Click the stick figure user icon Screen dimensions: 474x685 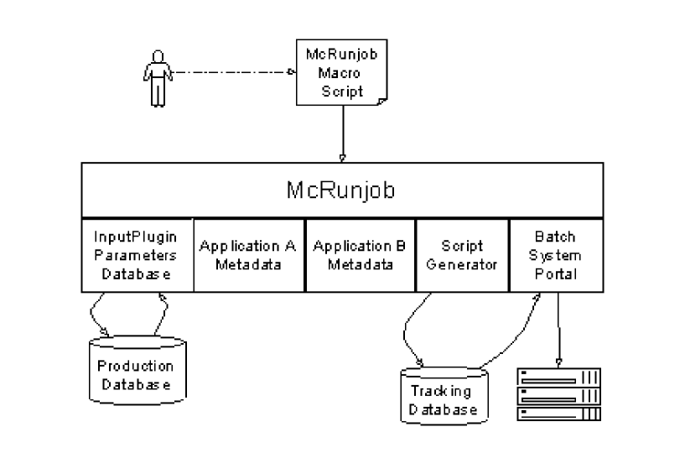(x=158, y=78)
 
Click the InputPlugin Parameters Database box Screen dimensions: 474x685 (x=137, y=254)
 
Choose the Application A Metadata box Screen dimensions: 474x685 (x=249, y=254)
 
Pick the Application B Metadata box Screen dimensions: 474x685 (x=361, y=254)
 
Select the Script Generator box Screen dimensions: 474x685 (x=462, y=254)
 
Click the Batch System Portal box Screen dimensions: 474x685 (x=555, y=254)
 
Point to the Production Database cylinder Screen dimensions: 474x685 (x=136, y=369)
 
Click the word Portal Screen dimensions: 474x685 (x=555, y=273)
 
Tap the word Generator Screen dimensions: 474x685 (x=462, y=264)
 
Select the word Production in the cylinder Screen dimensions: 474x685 (x=136, y=366)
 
